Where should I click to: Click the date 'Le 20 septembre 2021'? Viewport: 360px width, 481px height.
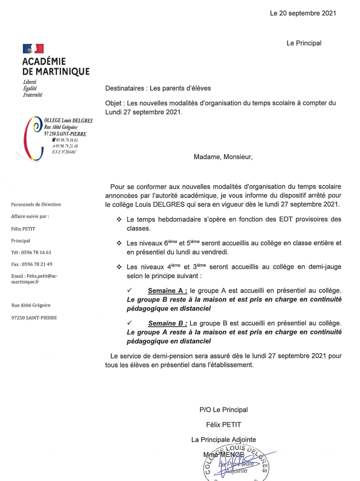coord(303,13)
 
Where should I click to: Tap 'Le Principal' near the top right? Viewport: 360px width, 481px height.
coord(304,43)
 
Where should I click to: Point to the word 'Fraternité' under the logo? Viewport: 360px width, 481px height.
coord(32,95)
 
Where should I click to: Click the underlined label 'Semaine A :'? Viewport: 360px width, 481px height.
coord(167,290)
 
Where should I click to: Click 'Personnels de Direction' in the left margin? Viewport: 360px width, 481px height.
coord(36,205)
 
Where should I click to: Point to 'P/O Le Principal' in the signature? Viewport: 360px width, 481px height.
coord(223,409)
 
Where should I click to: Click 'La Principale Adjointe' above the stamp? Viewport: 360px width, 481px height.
coord(223,439)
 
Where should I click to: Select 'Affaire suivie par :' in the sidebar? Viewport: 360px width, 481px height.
coord(30,217)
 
